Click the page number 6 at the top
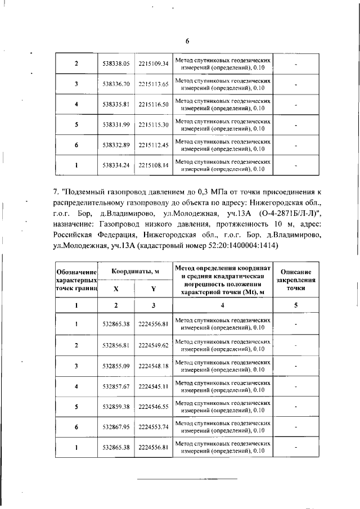[187, 40]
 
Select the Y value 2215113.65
[154, 84]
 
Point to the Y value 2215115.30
[154, 124]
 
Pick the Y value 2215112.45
[154, 145]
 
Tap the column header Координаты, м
[135, 271]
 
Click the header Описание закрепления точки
[295, 280]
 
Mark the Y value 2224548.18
[154, 366]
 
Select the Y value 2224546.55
[154, 407]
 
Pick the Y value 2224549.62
[154, 345]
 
